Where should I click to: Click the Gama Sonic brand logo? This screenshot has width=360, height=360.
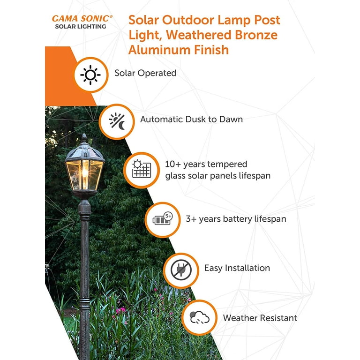(82, 22)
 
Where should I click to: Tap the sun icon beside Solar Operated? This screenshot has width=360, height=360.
(90, 75)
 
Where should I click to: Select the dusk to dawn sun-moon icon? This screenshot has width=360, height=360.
(117, 121)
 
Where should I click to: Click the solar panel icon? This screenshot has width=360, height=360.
(142, 169)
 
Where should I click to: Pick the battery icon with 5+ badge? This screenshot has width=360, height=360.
(163, 219)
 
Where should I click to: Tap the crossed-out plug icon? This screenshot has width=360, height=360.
(181, 270)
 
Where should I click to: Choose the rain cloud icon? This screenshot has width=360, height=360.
(200, 317)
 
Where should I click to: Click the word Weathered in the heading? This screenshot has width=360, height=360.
(198, 35)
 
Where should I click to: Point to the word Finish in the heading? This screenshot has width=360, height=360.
(211, 50)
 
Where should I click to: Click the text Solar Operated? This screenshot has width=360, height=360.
(145, 73)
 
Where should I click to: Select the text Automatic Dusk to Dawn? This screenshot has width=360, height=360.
(191, 119)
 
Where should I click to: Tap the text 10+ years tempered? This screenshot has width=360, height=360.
(206, 164)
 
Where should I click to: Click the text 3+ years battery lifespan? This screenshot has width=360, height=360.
(236, 219)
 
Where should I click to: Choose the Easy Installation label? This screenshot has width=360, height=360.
(237, 268)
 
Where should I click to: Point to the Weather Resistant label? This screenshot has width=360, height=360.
(260, 318)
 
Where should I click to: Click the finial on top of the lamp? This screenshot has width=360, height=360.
(84, 138)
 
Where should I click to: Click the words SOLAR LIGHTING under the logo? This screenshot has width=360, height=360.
(81, 27)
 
